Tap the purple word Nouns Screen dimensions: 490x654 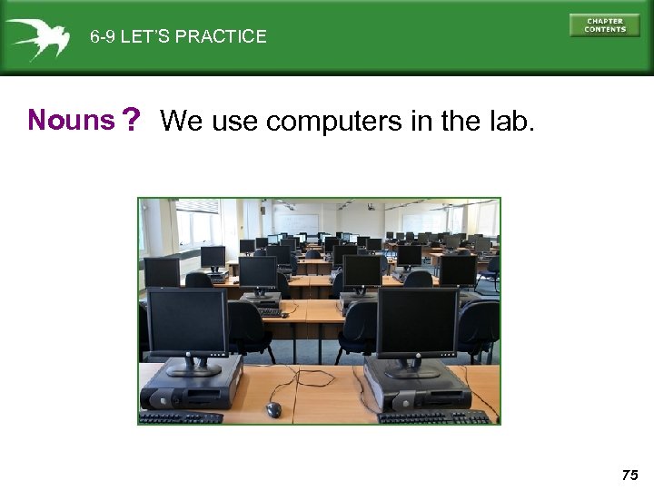pyautogui.click(x=72, y=119)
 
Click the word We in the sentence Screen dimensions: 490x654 pyautogui.click(x=181, y=120)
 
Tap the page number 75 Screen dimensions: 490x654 pyautogui.click(x=630, y=474)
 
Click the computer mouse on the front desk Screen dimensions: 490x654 pyautogui.click(x=273, y=410)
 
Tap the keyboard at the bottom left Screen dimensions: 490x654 pyautogui.click(x=181, y=418)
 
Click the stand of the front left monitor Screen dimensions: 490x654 pyautogui.click(x=194, y=367)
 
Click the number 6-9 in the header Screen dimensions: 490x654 pyautogui.click(x=103, y=37)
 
